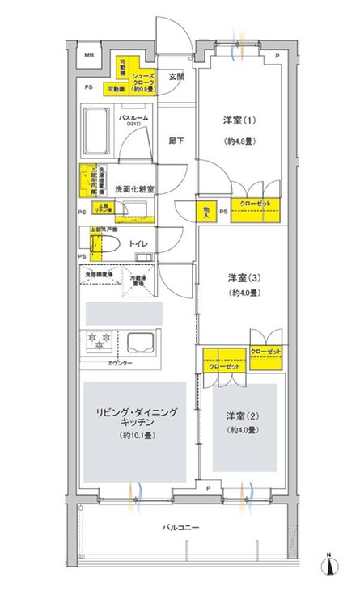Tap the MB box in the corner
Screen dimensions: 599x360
[90, 55]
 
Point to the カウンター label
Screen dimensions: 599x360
[119, 364]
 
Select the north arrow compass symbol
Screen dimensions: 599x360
[330, 569]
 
